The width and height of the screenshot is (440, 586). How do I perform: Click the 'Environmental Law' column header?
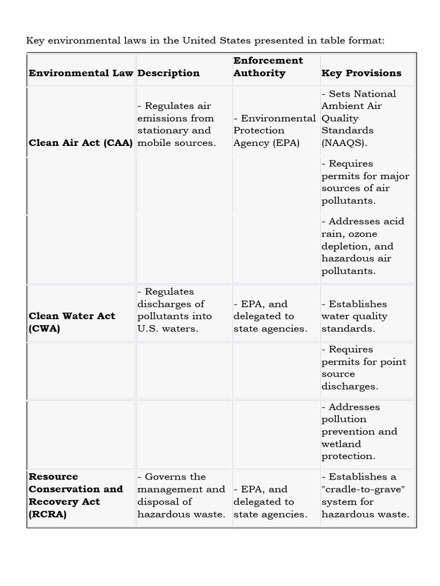pos(81,73)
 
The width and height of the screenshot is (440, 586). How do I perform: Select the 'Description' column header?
pos(168,73)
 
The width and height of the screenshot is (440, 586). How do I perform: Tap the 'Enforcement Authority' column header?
pos(268,67)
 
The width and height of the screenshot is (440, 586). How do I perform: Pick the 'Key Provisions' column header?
pos(362,73)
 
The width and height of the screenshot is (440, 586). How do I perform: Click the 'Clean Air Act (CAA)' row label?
pos(81,143)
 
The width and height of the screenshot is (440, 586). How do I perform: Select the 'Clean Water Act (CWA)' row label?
pos(72,322)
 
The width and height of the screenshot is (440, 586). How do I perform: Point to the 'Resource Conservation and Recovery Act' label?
pos(76,496)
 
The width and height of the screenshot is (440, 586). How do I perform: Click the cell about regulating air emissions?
pos(176,124)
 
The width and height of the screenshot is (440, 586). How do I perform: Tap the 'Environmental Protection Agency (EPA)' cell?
pos(274,130)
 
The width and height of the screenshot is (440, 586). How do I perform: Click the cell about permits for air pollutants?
pos(365,182)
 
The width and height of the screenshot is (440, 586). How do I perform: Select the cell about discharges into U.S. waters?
pos(174,310)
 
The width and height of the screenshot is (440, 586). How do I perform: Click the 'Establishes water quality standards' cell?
pos(355,316)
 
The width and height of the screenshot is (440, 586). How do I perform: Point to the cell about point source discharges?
pos(364,368)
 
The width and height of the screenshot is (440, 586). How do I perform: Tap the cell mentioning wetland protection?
pos(359,431)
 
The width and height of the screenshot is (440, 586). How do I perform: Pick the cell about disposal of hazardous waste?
pos(181,496)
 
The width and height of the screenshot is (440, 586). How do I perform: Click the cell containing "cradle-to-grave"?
pos(365,496)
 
